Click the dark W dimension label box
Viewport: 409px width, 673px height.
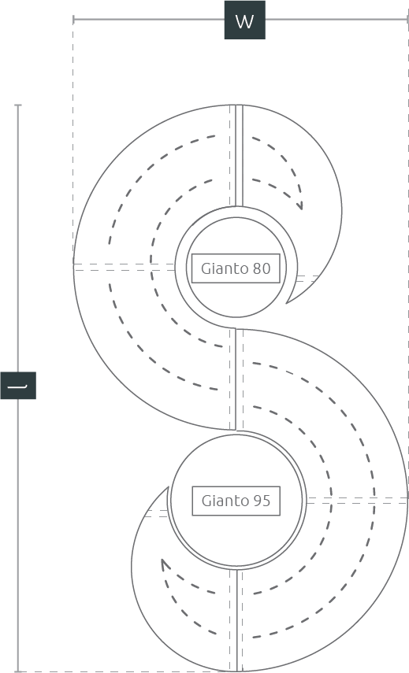pos(245,20)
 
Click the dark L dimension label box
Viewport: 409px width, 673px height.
pos(18,386)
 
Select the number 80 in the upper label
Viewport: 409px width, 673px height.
pos(262,268)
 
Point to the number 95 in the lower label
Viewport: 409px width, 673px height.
pos(262,501)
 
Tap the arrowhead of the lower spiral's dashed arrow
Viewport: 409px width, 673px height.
pos(165,564)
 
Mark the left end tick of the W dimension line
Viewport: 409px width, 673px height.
pos(73,20)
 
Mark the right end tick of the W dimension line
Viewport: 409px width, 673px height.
pos(407,20)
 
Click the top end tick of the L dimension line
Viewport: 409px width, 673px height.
pos(18,105)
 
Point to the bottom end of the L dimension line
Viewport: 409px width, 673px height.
pos(18,671)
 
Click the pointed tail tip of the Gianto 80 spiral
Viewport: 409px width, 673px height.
pos(287,303)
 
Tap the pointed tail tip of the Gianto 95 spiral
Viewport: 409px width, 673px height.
pos(169,486)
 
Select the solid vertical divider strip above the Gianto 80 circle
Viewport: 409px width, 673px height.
pos(240,156)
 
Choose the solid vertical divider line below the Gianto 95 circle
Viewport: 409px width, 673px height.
pos(236,619)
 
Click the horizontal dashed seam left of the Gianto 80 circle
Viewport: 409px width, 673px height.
pos(125,267)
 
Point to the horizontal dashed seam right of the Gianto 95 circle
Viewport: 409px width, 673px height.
pos(356,501)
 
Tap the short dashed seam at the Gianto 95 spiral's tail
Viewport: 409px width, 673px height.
pos(156,513)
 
